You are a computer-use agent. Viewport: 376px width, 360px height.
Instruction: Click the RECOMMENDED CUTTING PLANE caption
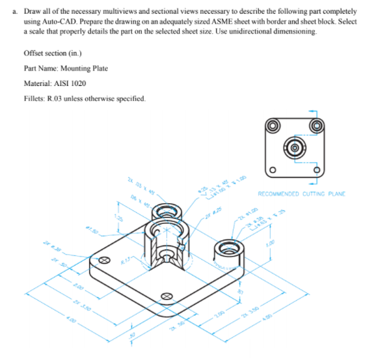[301, 193]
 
